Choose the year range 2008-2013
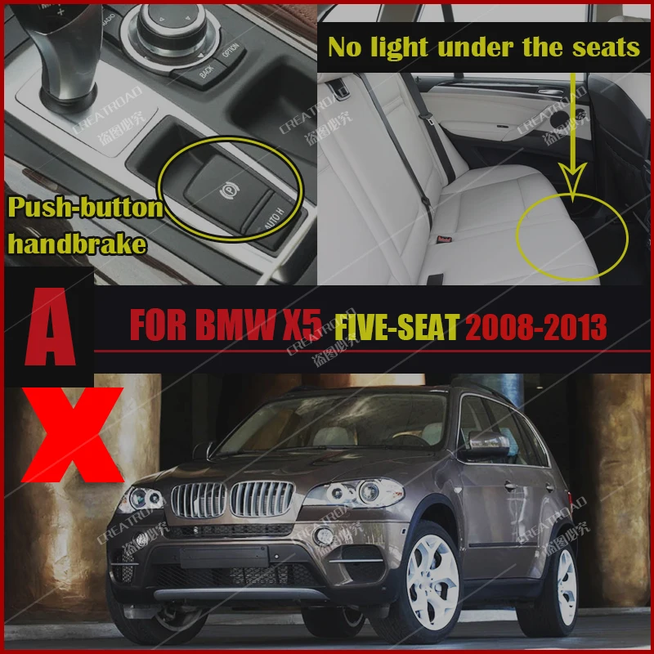(x=535, y=329)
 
